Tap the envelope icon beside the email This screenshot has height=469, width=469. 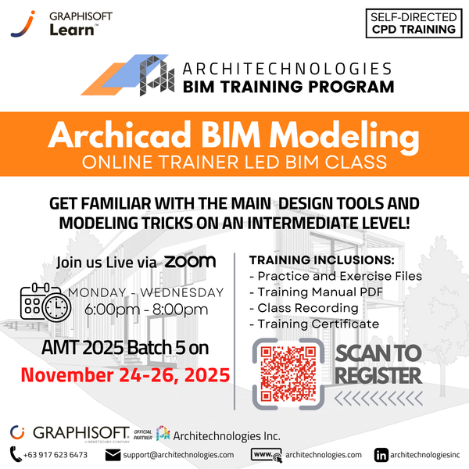(x=114, y=454)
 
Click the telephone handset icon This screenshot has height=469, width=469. (x=16, y=454)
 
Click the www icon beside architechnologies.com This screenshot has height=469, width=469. (x=266, y=454)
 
